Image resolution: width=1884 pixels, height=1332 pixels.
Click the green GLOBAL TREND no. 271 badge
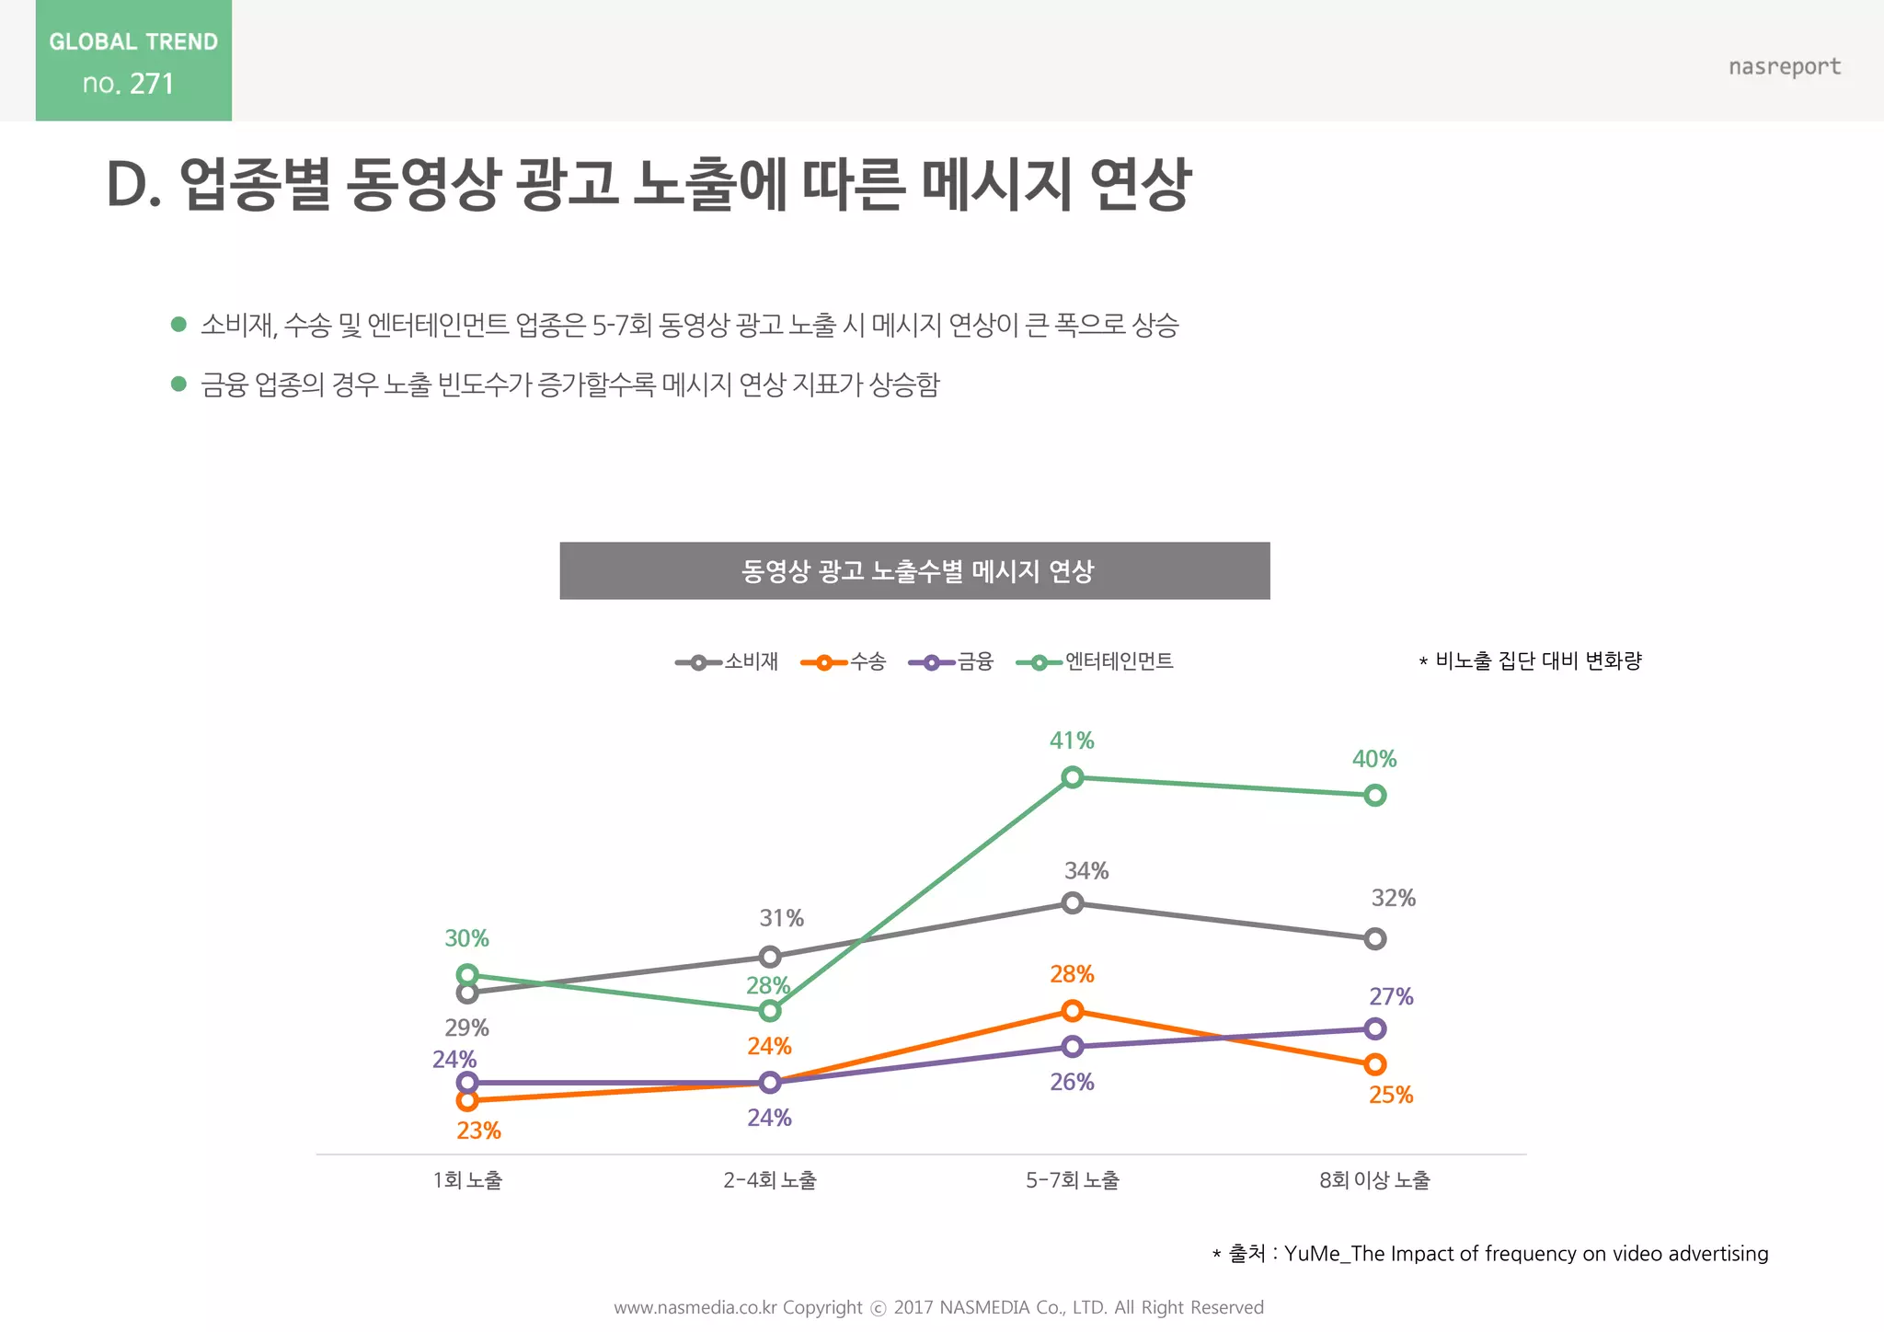(x=133, y=61)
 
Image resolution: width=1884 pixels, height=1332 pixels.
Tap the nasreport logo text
(x=1784, y=66)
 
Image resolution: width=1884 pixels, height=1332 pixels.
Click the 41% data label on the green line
(x=1072, y=741)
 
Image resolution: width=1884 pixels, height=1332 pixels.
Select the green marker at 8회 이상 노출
(x=1374, y=795)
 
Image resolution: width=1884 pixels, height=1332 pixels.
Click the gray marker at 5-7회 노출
(x=1072, y=902)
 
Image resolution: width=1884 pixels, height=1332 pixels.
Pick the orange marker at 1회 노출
(x=467, y=1100)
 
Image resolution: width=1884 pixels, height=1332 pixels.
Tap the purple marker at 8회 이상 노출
(x=1374, y=1028)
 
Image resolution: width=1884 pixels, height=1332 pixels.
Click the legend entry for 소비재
(x=728, y=661)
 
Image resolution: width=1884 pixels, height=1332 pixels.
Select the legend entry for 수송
(x=844, y=661)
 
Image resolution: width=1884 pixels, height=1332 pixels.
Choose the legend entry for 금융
(x=951, y=661)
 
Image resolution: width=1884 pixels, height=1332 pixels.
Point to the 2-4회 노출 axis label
(x=770, y=1180)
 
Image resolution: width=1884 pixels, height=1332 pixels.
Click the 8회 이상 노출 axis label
(x=1374, y=1180)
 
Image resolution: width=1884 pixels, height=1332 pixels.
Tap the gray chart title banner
(x=914, y=571)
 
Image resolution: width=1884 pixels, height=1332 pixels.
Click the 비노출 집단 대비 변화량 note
(x=1532, y=660)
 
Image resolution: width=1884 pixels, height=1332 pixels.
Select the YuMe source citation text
(x=1490, y=1254)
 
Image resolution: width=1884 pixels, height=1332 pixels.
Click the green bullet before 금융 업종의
(x=178, y=384)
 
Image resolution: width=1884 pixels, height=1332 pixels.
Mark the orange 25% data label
(x=1390, y=1095)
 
